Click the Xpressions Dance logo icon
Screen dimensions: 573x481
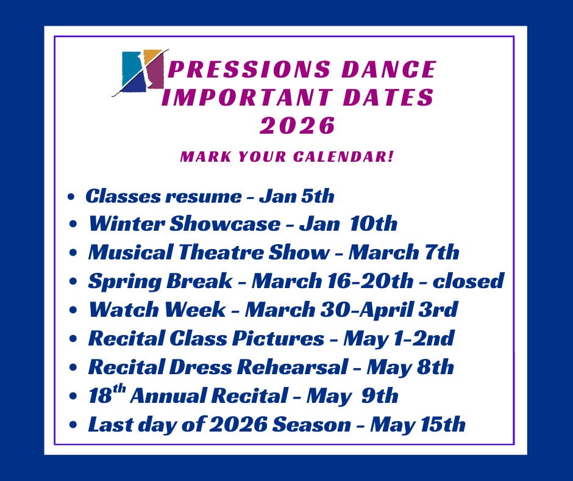click(x=140, y=72)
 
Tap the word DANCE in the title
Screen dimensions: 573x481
click(x=389, y=69)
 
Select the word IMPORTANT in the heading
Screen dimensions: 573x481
click(x=247, y=97)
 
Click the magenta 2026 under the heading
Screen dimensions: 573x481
click(x=297, y=126)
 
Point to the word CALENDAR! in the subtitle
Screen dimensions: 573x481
click(x=344, y=157)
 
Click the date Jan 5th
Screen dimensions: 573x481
click(x=297, y=196)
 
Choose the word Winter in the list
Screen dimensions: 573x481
click(x=126, y=223)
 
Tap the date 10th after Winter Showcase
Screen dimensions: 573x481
click(x=373, y=223)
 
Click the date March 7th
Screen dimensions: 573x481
click(x=404, y=252)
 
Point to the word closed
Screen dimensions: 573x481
click(x=469, y=281)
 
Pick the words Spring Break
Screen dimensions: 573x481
click(x=160, y=281)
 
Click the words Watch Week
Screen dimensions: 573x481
click(x=157, y=309)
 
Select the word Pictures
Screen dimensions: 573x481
click(x=278, y=338)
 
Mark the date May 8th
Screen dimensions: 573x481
click(x=410, y=367)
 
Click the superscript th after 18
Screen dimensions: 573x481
click(x=119, y=389)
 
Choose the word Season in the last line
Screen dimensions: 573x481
click(x=311, y=424)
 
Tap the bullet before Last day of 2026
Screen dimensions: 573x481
click(x=73, y=425)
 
